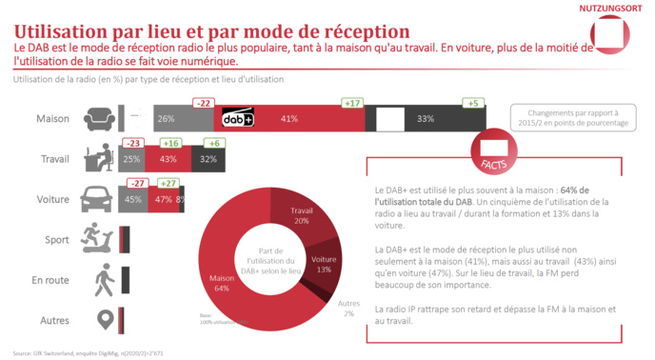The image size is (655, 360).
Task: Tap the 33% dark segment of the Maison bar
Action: (425, 119)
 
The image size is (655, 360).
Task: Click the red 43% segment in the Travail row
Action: (169, 159)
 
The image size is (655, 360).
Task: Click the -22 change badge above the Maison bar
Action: (203, 102)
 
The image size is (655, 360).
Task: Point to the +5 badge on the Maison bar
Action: (473, 102)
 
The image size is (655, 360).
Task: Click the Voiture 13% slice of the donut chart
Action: (325, 264)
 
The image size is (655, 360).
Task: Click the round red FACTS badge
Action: (495, 151)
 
